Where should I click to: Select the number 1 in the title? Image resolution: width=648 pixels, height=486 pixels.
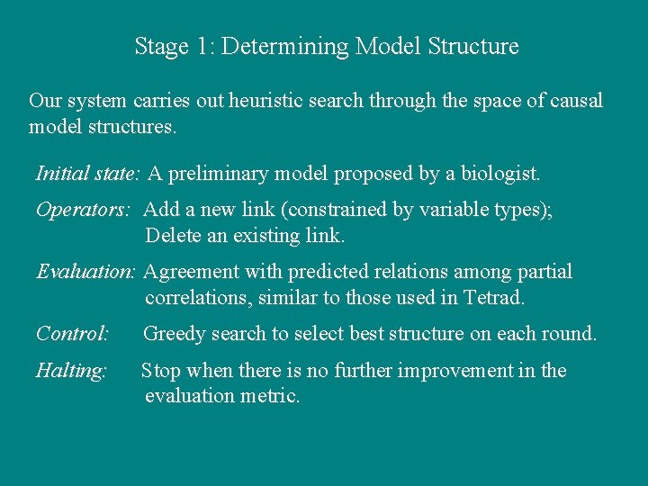201,46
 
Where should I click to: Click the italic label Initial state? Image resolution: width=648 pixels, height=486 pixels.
88,172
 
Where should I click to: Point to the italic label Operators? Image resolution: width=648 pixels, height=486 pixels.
84,210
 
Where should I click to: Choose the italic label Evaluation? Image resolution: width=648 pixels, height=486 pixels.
86,272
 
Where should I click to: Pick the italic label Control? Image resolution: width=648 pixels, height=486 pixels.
72,334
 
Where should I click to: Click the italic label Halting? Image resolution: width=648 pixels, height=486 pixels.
71,371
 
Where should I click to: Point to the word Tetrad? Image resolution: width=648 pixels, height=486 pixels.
492,297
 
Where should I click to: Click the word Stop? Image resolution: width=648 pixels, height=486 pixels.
160,371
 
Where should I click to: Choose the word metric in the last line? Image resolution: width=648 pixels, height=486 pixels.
265,396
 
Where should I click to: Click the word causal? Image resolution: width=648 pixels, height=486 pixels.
575,101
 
